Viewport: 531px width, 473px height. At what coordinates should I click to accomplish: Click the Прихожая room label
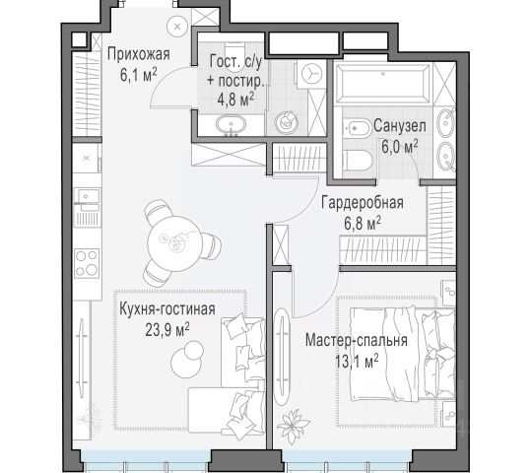coord(139,54)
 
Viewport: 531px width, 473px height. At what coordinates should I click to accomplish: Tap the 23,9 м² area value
coord(167,329)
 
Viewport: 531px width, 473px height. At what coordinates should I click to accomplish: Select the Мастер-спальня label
coord(357,341)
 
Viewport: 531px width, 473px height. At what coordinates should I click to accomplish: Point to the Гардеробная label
coord(363,203)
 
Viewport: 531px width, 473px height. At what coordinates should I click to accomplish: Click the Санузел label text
coord(400,126)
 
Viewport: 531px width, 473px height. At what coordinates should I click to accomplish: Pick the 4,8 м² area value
coord(235,100)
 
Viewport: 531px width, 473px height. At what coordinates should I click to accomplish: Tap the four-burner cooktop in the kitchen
coord(87,263)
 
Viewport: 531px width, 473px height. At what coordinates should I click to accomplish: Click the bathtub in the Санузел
coord(382,84)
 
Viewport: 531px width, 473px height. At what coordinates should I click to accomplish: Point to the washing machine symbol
coord(311,74)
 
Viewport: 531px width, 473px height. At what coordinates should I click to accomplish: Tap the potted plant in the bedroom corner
coord(293,426)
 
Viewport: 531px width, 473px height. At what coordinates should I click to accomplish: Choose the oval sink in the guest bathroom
coord(232,124)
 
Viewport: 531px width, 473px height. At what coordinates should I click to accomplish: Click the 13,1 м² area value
coord(357,362)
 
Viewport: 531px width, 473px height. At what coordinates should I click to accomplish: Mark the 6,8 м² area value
coord(363,224)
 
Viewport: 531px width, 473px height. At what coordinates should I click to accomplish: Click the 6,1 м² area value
coord(139,75)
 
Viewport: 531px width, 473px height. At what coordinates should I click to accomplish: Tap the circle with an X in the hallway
coord(177,27)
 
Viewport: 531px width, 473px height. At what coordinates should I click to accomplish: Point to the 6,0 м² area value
coord(400,147)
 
